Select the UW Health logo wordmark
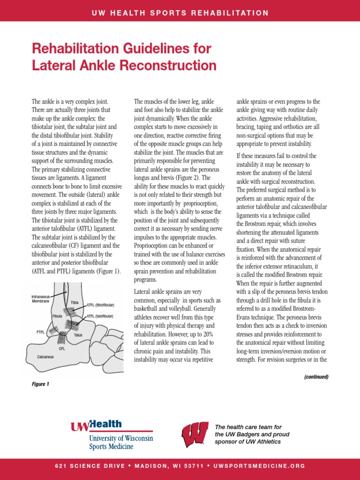(x=96, y=425)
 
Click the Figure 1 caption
(x=40, y=384)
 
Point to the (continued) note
(x=316, y=376)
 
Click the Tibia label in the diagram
(x=75, y=303)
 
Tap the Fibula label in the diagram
(x=57, y=316)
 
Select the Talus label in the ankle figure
(x=78, y=335)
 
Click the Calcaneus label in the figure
(x=46, y=357)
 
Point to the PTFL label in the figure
(x=41, y=331)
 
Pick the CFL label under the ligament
(x=62, y=349)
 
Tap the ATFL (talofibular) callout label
(x=100, y=316)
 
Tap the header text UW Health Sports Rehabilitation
(x=180, y=13)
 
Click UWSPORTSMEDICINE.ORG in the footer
(x=259, y=466)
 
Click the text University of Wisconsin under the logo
(x=120, y=438)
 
